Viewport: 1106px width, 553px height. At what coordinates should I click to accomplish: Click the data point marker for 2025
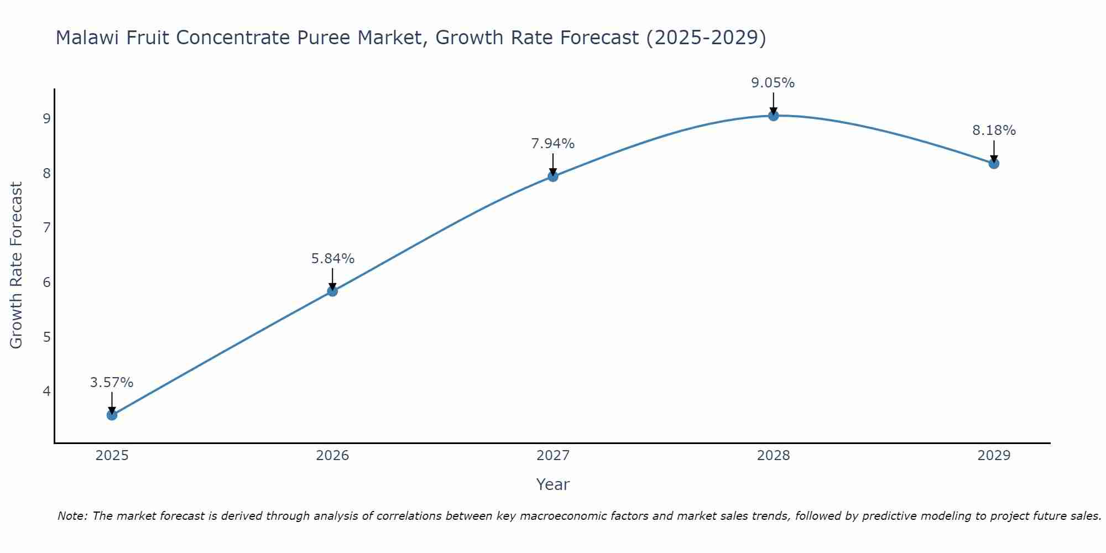click(x=112, y=415)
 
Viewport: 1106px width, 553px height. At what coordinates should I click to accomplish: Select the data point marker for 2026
click(x=332, y=291)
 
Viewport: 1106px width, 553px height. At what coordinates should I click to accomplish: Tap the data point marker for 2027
click(x=553, y=176)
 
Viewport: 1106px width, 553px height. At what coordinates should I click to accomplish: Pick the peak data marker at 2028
click(x=773, y=116)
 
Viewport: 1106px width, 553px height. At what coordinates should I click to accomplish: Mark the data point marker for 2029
click(x=994, y=163)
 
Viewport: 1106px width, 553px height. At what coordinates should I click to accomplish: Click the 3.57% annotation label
click(x=112, y=382)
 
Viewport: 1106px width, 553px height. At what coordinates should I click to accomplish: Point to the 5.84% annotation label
click(x=332, y=258)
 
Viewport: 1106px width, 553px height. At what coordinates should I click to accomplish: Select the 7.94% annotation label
click(x=553, y=144)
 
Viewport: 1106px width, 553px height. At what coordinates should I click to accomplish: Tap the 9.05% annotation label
click(x=773, y=83)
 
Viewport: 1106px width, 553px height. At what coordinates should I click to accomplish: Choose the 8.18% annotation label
click(x=994, y=131)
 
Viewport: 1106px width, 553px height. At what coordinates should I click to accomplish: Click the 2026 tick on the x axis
click(x=332, y=456)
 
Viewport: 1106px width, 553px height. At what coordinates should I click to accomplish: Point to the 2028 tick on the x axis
click(x=773, y=456)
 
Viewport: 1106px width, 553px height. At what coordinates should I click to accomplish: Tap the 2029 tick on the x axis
click(x=994, y=456)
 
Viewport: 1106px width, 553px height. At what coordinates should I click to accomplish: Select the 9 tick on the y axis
click(x=46, y=119)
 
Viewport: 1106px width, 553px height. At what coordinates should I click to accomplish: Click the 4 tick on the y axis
click(x=46, y=392)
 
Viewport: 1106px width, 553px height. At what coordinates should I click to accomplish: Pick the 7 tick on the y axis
click(x=46, y=228)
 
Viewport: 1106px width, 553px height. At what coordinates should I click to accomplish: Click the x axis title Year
click(x=552, y=484)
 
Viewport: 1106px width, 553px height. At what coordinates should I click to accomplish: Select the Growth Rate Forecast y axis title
click(x=17, y=265)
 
